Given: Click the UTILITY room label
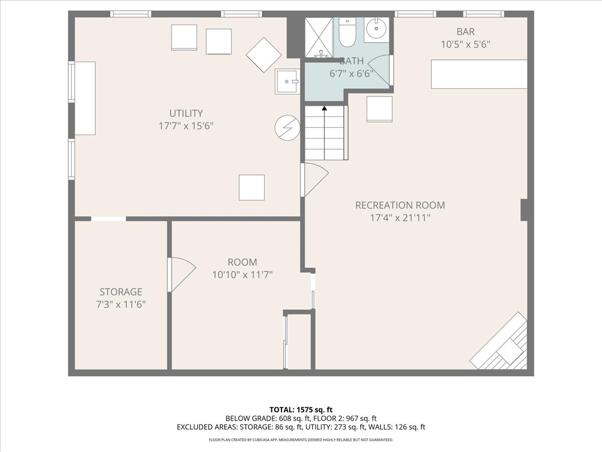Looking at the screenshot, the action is coord(186,113).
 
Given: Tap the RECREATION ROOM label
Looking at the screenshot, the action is coord(400,205).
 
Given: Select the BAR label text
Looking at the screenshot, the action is coord(466,32).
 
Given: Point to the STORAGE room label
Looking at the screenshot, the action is coord(121,292).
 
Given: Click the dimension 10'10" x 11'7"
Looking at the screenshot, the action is coord(242,274).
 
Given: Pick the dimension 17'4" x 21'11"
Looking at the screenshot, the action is coord(400,217).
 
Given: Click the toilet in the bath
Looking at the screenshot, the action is coord(347,32).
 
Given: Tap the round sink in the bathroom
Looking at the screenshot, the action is coord(376,29).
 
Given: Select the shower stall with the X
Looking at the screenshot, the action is coord(319,38).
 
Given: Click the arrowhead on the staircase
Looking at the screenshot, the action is coord(325,108).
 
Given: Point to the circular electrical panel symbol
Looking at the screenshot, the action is coord(287,128).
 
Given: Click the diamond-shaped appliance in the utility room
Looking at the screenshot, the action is coord(263,55).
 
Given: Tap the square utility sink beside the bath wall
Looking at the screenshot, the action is coord(287,81).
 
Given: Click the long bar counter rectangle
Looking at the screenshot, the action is coord(479,74).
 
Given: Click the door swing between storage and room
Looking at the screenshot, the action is coord(182,274).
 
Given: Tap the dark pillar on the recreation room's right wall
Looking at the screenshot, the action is coord(524,210).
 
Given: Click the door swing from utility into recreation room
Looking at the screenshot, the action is coord(315,180).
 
